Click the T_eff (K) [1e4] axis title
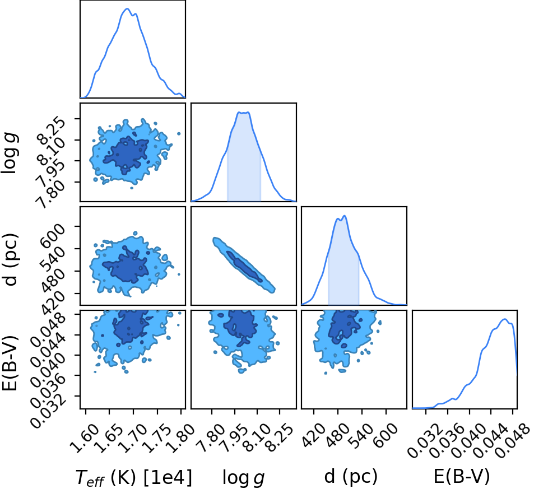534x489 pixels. click(x=133, y=477)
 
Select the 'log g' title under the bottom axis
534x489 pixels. click(x=244, y=477)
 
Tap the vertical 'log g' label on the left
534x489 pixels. click(x=10, y=153)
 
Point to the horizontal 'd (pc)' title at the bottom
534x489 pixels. click(x=351, y=476)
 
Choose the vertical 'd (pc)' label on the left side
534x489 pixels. click(x=10, y=259)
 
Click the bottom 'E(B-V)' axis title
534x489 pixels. click(x=462, y=476)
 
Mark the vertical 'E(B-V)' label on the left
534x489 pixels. click(x=10, y=362)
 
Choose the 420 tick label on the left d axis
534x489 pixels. click(x=52, y=301)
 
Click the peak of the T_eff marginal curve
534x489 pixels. click(x=127, y=8)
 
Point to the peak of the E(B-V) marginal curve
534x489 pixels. click(x=505, y=319)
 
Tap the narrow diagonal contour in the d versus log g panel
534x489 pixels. click(x=244, y=265)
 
